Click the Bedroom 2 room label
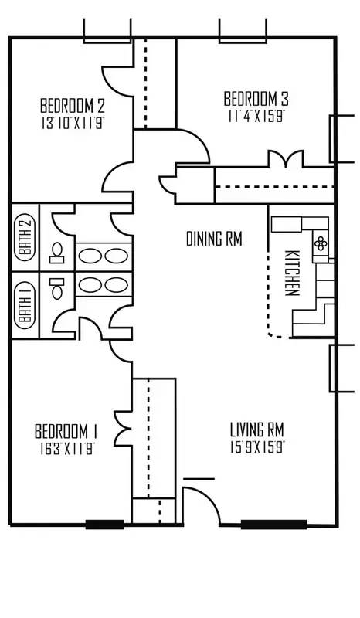tap(73, 106)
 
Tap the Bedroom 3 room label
tap(256, 99)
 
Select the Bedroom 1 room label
tap(66, 431)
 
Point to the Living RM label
tap(257, 430)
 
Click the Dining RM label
tap(214, 239)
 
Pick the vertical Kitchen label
tap(292, 273)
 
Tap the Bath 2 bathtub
tap(25, 238)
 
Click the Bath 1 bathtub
tap(25, 305)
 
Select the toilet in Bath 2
tap(56, 253)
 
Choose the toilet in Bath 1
tap(56, 288)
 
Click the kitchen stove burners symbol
tap(320, 243)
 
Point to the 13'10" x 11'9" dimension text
tap(73, 124)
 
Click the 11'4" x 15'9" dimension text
tap(256, 117)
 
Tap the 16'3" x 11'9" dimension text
tap(66, 450)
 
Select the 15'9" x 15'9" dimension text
tap(257, 447)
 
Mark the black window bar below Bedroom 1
tap(104, 525)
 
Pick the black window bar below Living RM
tap(273, 525)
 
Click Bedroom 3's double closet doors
tap(286, 159)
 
